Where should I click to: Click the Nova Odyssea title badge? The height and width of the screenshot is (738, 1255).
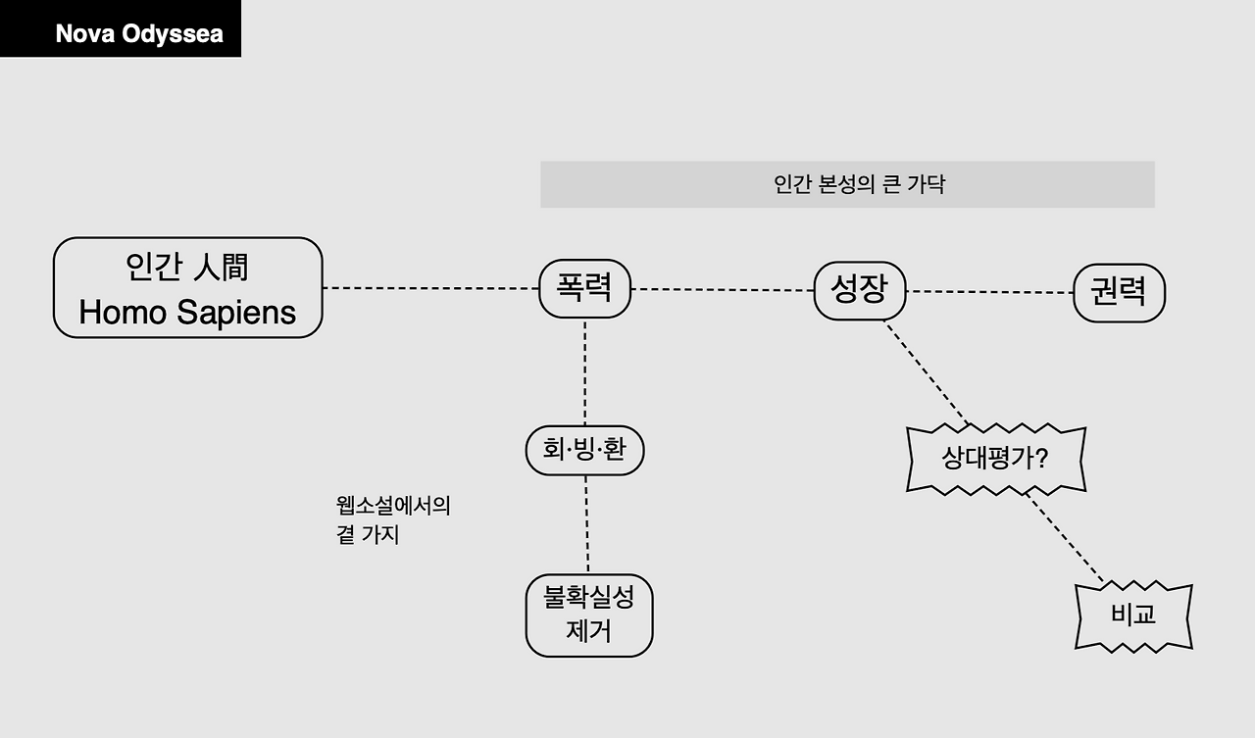pos(120,29)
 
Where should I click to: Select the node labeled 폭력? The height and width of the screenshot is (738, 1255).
pos(584,288)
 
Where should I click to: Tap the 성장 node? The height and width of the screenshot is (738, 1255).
pos(860,291)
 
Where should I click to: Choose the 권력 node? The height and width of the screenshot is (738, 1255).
pos(1119,292)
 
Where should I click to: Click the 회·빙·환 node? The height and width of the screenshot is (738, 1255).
pos(584,450)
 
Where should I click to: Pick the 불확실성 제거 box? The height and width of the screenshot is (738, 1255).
pos(589,615)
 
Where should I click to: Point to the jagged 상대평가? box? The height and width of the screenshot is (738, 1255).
pos(996,459)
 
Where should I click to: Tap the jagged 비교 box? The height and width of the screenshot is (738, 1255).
pos(1133,615)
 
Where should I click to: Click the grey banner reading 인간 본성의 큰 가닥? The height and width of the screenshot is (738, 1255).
pos(847,184)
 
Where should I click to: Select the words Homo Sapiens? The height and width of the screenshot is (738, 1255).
pos(187,313)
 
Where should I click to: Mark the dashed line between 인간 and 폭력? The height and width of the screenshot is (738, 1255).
pos(430,288)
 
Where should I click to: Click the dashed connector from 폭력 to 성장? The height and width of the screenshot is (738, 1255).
pos(722,289)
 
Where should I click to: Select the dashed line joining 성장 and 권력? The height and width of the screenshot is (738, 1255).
pos(989,292)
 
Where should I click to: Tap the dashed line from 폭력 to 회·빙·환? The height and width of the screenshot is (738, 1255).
pos(585,372)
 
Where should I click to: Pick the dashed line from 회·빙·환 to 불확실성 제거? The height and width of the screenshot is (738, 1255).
pos(587,524)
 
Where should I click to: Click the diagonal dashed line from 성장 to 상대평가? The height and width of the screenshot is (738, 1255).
pos(927,372)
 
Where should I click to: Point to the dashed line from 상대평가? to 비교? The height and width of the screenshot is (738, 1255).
pos(1065,538)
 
